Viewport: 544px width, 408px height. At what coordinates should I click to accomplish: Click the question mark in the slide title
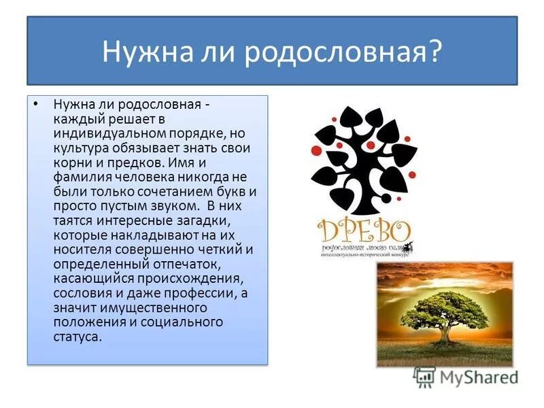(434, 52)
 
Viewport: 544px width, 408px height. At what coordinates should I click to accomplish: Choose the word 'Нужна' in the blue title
(140, 52)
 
